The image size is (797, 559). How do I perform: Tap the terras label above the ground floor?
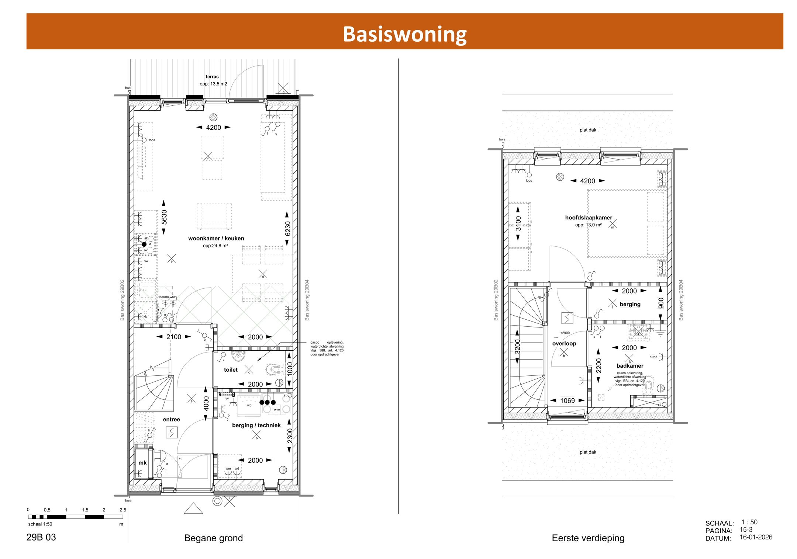tap(212, 77)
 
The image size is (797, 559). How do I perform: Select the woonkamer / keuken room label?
tap(216, 238)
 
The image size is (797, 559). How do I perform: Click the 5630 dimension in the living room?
tap(164, 217)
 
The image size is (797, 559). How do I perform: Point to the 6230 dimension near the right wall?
tap(287, 228)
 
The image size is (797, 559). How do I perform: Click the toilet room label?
tap(231, 369)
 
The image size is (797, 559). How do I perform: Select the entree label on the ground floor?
tap(171, 419)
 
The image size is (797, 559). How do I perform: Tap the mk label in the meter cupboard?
tap(142, 462)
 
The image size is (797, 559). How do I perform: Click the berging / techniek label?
tap(256, 425)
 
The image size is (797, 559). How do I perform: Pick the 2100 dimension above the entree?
tap(173, 337)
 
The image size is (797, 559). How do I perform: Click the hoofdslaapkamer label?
tap(589, 218)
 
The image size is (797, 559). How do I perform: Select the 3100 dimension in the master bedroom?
tap(518, 223)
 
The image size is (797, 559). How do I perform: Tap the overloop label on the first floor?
tap(564, 343)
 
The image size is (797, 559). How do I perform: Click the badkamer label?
tap(629, 365)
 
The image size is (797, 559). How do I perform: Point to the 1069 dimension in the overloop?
tap(567, 400)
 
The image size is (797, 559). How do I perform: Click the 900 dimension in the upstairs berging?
tap(661, 303)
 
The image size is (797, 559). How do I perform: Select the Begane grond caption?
tap(213, 538)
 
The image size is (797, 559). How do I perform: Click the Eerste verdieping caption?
tap(588, 538)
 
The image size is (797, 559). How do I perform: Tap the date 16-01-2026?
tap(756, 537)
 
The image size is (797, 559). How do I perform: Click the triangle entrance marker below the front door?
tap(193, 509)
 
